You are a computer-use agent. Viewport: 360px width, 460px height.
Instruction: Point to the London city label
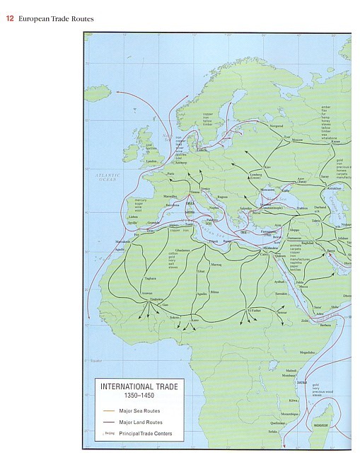click(x=150, y=161)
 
